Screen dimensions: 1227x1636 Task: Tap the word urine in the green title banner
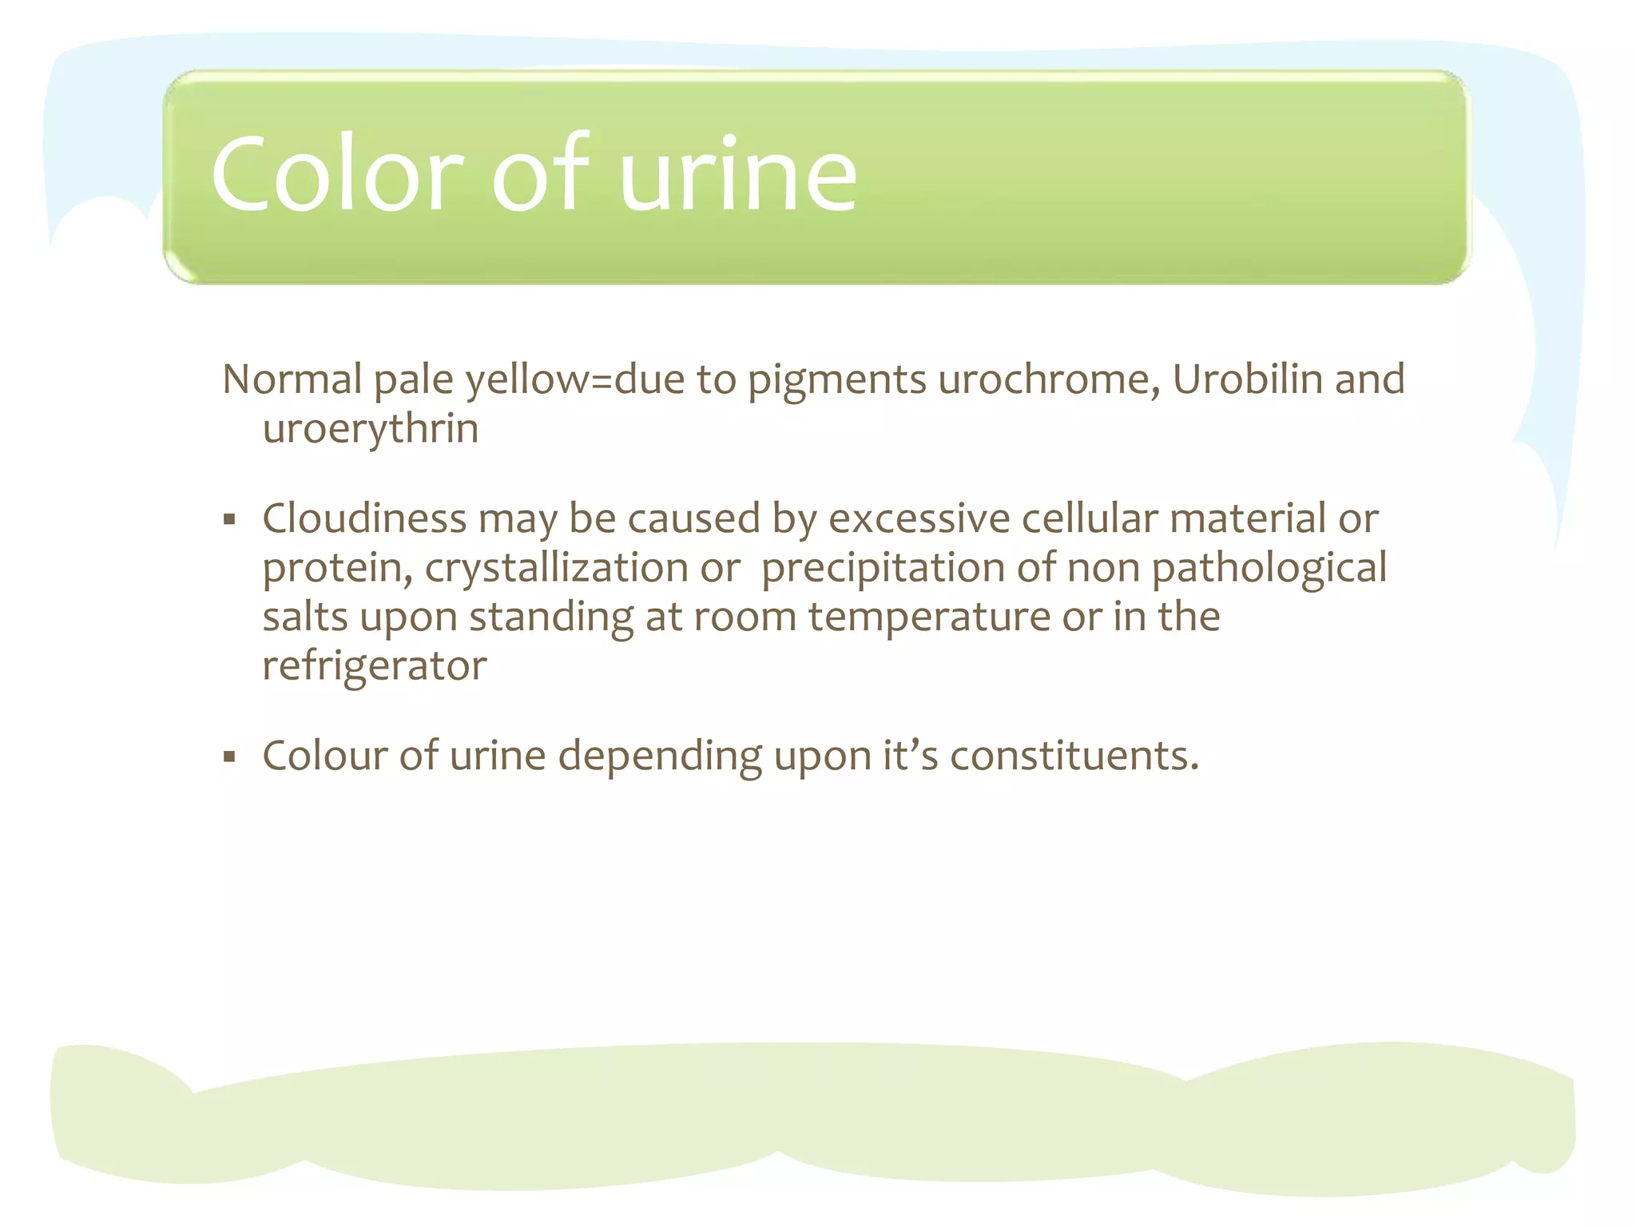(738, 175)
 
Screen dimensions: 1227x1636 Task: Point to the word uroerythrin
(371, 429)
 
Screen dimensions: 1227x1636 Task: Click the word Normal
(292, 379)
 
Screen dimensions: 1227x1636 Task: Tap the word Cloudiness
(364, 518)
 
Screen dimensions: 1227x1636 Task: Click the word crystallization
(556, 569)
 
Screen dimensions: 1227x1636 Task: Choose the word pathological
(1269, 569)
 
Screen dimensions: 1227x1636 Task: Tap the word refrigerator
(375, 666)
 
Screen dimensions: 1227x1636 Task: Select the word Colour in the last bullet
(324, 756)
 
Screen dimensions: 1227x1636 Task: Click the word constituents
(1074, 756)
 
